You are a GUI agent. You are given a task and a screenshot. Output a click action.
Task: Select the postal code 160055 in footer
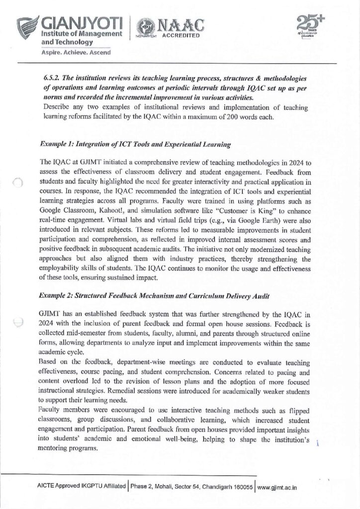tap(241, 487)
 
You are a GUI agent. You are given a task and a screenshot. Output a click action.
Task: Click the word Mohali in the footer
tap(162, 487)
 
